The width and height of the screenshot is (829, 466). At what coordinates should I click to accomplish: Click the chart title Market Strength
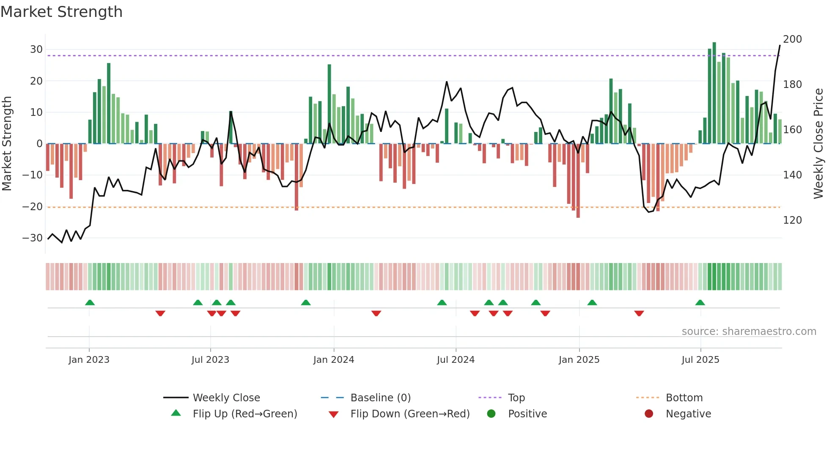(x=61, y=12)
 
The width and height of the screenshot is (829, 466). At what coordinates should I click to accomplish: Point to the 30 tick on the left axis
(x=36, y=49)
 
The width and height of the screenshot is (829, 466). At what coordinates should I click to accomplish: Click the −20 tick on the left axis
(x=33, y=207)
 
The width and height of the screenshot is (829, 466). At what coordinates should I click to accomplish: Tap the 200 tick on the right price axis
(x=792, y=39)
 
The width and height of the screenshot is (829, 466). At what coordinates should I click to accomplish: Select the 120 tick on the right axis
(x=792, y=220)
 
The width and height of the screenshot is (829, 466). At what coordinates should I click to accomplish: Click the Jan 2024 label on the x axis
(x=333, y=360)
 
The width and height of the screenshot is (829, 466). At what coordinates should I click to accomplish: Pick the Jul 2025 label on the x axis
(x=700, y=360)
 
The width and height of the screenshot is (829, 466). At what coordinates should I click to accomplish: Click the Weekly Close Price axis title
(x=818, y=144)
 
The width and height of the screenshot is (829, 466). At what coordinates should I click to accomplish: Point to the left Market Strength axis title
(x=7, y=144)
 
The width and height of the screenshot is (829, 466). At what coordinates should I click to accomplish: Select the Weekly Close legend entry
(x=226, y=398)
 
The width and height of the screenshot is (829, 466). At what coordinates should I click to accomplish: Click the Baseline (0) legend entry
(x=380, y=398)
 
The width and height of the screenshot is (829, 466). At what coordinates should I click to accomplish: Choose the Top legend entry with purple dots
(x=516, y=398)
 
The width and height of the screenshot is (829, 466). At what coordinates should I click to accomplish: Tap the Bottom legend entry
(x=684, y=398)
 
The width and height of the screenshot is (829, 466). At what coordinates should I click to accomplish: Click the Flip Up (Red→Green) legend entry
(x=244, y=414)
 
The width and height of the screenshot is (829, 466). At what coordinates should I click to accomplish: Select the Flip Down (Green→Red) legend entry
(x=409, y=414)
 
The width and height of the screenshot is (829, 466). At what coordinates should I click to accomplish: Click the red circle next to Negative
(x=648, y=414)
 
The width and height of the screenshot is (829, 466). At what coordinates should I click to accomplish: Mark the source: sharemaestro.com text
(x=749, y=332)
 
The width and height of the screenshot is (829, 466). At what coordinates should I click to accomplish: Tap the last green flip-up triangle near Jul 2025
(x=700, y=302)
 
